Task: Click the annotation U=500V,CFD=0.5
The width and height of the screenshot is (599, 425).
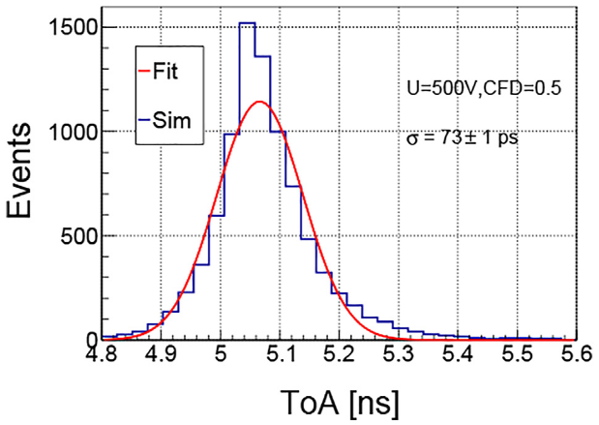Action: [478, 88]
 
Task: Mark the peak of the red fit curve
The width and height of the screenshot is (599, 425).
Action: [257, 101]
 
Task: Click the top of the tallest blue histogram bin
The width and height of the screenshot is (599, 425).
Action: [247, 23]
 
